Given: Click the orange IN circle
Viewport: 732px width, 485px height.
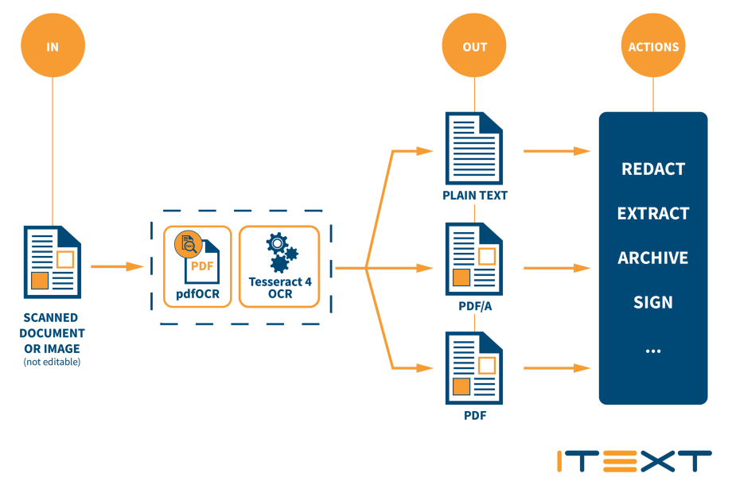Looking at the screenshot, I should point(53,46).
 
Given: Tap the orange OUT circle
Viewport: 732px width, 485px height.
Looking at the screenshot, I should point(475,46).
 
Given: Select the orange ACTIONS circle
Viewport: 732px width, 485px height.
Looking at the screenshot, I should point(653,46).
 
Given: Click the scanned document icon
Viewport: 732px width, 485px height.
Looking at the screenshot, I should point(53,259).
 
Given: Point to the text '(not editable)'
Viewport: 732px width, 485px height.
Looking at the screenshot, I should point(53,363).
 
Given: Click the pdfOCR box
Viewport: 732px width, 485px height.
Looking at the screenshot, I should point(197,266).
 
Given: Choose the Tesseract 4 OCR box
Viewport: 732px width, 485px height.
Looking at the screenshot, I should point(279,266).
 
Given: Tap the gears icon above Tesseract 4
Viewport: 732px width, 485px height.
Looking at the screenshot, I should point(280,251).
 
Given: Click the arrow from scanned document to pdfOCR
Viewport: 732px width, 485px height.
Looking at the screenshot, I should point(116,266).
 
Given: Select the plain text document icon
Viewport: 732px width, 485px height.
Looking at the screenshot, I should point(475,149).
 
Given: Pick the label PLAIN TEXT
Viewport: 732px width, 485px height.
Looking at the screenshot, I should point(475,196).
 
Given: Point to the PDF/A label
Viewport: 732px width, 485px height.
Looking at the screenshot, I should point(475,306).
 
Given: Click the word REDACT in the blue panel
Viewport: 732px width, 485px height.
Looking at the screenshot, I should point(653,169).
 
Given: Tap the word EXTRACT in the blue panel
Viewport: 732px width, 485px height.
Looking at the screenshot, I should point(653,214).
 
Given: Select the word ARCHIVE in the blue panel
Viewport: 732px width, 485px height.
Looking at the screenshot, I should point(653,258).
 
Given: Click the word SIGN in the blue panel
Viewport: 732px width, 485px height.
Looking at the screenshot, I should point(653,303).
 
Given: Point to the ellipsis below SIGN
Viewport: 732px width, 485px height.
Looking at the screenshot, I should point(653,350).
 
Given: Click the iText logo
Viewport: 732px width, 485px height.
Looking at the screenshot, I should point(634,460).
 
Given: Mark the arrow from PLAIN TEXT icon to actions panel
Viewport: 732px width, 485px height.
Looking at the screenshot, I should point(556,149).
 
